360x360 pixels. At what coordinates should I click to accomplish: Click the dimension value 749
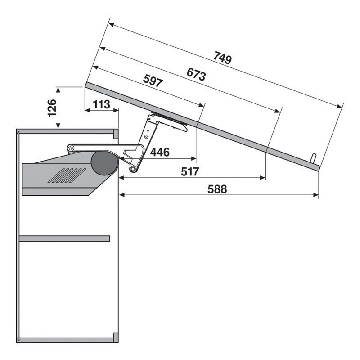(x=223, y=58)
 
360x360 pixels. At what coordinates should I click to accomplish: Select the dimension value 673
(x=196, y=74)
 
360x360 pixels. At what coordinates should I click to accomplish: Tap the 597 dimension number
(x=153, y=81)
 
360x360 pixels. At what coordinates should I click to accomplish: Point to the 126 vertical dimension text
(x=52, y=108)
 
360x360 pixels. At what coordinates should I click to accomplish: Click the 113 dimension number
(x=102, y=104)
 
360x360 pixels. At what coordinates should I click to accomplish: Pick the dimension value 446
(x=160, y=152)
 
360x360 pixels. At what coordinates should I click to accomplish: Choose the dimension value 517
(x=190, y=172)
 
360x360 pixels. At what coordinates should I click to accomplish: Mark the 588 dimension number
(x=217, y=189)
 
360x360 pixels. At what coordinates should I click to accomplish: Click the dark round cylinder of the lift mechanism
(x=105, y=163)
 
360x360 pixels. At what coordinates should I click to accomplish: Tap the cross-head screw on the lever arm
(x=71, y=148)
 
